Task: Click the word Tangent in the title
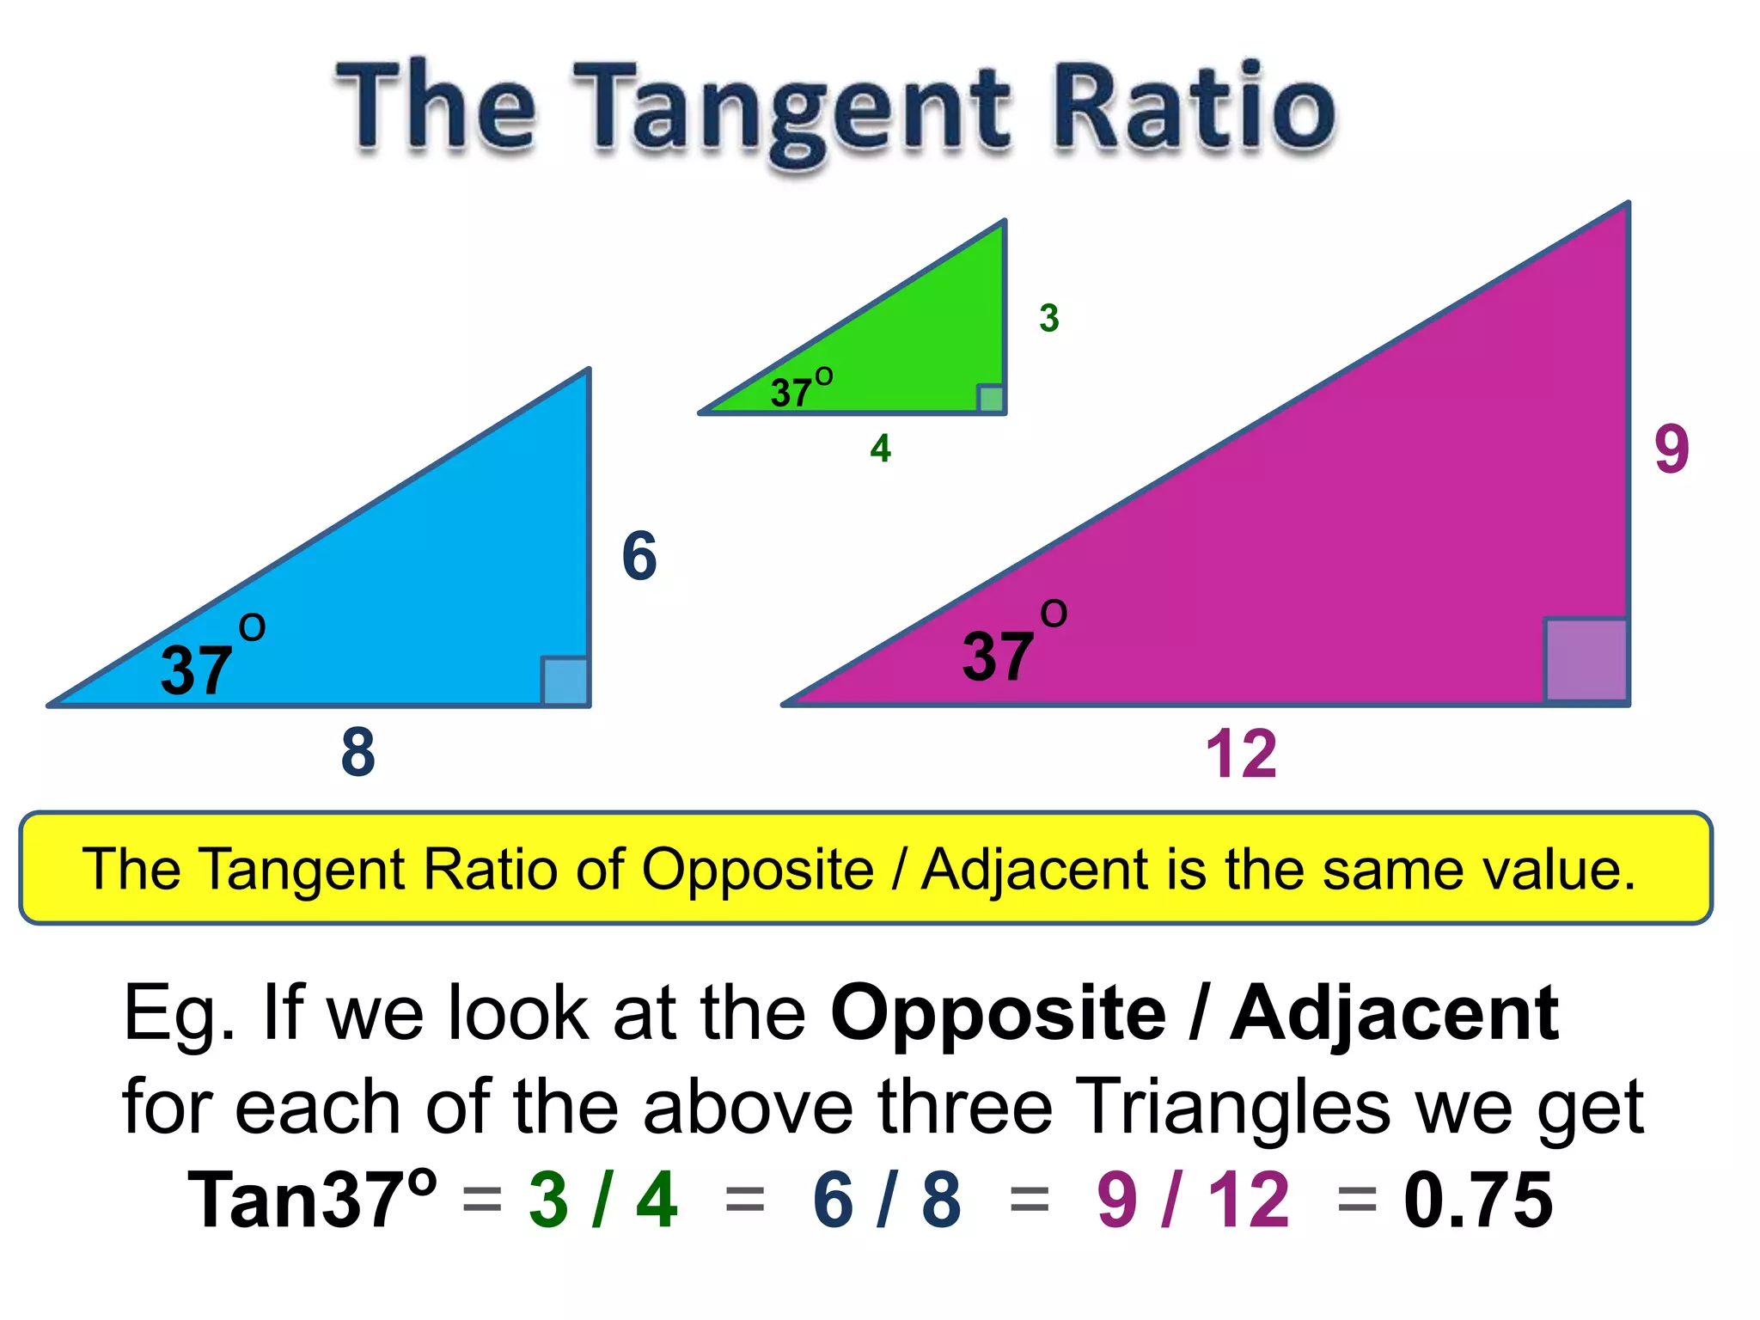click(795, 112)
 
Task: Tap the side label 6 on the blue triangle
click(639, 556)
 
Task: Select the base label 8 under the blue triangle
click(357, 752)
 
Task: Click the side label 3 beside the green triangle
click(1048, 318)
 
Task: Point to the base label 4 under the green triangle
click(880, 449)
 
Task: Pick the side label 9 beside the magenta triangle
click(1671, 449)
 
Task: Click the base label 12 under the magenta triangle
click(1241, 754)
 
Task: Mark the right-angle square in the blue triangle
click(565, 681)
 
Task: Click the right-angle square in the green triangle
click(991, 400)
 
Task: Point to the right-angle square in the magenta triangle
click(1586, 660)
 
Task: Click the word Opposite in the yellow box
click(758, 869)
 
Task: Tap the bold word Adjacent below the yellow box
click(1394, 1014)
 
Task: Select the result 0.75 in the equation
click(1478, 1200)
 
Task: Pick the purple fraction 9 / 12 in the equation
click(1193, 1200)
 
